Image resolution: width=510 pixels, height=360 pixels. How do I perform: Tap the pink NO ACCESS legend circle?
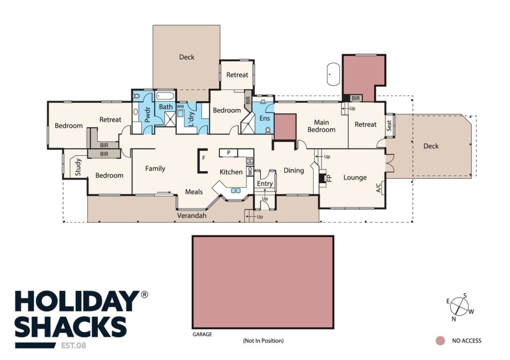click(440, 341)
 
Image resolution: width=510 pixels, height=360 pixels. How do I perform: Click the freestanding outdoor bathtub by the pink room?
click(333, 74)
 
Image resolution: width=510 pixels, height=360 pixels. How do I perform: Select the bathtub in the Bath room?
click(165, 96)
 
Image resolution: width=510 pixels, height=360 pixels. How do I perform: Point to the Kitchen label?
click(231, 172)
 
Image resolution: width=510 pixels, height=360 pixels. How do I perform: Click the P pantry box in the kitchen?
click(228, 152)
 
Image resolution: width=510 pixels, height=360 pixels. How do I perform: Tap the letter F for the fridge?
click(204, 158)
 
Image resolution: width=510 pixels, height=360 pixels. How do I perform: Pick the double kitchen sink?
click(236, 190)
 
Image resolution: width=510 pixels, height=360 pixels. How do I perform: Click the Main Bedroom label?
click(321, 126)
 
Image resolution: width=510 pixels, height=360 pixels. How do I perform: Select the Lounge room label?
click(355, 178)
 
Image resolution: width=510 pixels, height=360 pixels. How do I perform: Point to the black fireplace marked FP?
click(322, 178)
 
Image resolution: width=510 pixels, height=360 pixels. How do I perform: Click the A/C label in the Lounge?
click(379, 188)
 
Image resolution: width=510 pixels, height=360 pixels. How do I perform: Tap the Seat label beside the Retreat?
click(389, 125)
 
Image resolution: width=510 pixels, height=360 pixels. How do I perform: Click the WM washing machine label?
click(180, 107)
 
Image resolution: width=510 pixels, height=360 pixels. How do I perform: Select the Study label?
click(78, 167)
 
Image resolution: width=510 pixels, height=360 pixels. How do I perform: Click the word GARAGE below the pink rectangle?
click(202, 334)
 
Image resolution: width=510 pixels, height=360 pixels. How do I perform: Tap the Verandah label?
click(192, 216)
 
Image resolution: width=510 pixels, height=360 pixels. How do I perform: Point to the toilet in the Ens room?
click(268, 130)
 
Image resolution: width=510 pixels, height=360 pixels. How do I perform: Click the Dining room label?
click(294, 170)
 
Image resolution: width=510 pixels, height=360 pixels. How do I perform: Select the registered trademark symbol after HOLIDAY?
click(144, 294)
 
